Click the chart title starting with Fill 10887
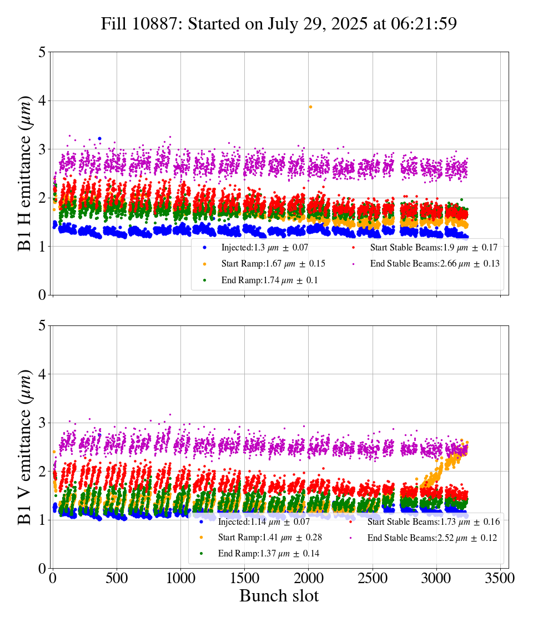point(279,24)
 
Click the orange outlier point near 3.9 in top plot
point(310,107)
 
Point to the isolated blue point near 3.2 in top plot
point(99,138)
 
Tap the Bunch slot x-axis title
point(279,596)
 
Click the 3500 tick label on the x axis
point(500,579)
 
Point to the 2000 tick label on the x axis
point(308,579)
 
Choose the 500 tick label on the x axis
point(117,579)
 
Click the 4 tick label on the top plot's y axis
point(42,101)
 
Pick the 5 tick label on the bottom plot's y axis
point(42,326)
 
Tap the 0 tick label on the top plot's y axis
point(42,295)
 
